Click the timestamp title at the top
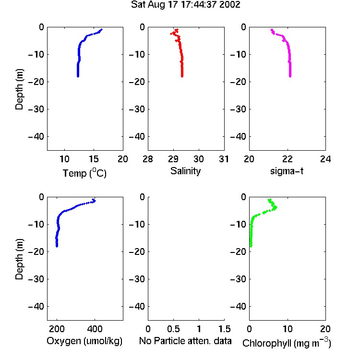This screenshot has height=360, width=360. click(x=185, y=4)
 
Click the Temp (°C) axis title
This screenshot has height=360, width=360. click(x=84, y=173)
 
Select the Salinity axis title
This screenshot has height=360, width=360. click(x=185, y=171)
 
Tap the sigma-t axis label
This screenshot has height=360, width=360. click(x=287, y=171)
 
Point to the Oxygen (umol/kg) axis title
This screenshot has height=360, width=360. click(x=84, y=341)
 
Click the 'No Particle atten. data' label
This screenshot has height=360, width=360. click(x=185, y=341)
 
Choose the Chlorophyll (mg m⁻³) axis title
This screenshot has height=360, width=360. click(x=287, y=343)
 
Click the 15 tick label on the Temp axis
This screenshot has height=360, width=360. click(x=94, y=159)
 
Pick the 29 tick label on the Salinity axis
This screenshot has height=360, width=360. click(x=173, y=159)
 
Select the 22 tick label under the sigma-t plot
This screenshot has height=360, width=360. click(x=288, y=159)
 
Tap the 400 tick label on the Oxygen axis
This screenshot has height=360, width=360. click(x=95, y=329)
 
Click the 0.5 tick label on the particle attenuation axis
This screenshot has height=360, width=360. click(x=173, y=329)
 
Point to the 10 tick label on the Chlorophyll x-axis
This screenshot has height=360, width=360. click(x=288, y=329)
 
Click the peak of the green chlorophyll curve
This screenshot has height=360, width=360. click(x=276, y=207)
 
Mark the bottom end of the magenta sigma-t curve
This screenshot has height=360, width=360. click(x=290, y=76)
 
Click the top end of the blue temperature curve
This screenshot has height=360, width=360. click(x=101, y=29)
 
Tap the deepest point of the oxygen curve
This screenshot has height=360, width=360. click(x=57, y=246)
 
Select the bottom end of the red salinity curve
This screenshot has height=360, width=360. click(x=182, y=76)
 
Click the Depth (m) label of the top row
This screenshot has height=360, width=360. click(x=19, y=89)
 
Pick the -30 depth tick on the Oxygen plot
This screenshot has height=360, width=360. click(x=36, y=279)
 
